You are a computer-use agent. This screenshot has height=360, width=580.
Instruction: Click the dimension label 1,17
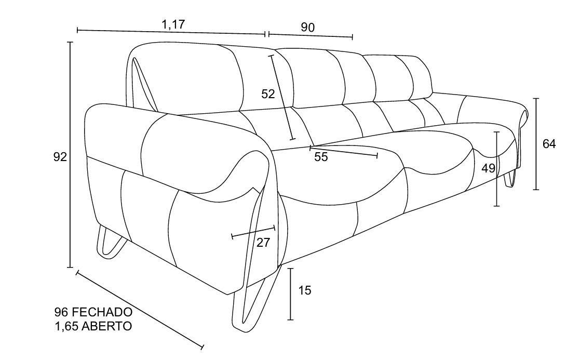click(x=173, y=24)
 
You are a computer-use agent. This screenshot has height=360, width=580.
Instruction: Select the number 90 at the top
click(x=307, y=28)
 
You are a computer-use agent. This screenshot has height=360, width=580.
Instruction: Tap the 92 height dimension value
click(x=60, y=157)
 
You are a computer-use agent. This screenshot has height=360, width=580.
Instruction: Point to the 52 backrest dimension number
click(x=268, y=94)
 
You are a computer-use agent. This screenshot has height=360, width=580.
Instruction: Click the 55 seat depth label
click(x=321, y=157)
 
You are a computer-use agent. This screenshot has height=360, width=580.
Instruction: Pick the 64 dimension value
click(x=549, y=143)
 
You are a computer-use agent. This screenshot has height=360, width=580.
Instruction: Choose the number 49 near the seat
click(x=488, y=168)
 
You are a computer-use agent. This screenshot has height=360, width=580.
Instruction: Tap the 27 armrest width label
click(x=263, y=243)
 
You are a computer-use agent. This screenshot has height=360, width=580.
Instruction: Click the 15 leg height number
click(x=305, y=290)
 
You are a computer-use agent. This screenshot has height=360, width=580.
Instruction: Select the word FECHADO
click(x=102, y=312)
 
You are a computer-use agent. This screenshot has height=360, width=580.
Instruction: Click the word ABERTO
click(x=106, y=326)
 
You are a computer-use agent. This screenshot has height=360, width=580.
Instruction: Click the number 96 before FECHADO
click(x=61, y=312)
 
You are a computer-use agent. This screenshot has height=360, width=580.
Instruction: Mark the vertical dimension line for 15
click(x=291, y=294)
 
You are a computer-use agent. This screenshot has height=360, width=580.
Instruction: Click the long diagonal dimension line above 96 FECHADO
click(x=140, y=310)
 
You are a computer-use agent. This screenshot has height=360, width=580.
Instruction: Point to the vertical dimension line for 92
click(x=70, y=155)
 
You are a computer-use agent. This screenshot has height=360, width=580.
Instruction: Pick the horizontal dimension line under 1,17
click(x=171, y=32)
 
